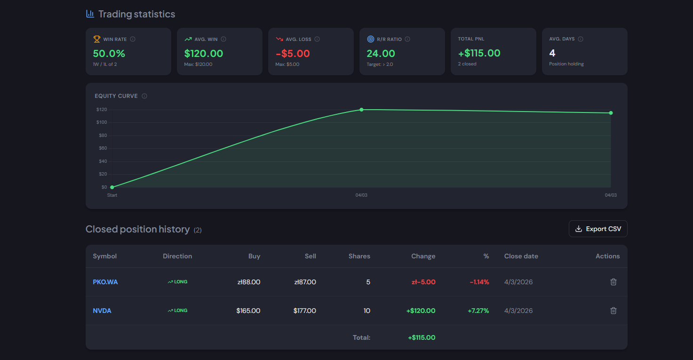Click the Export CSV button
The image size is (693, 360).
(598, 229)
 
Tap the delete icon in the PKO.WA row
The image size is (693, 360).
(613, 282)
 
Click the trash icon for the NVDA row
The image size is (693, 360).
(613, 311)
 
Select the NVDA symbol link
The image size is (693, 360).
(102, 311)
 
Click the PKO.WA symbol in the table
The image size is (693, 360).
(105, 282)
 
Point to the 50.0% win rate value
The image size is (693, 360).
(109, 54)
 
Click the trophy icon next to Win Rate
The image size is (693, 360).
(96, 39)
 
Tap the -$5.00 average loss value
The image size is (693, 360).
(293, 54)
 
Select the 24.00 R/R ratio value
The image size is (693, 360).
(381, 54)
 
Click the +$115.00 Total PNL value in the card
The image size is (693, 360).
(479, 53)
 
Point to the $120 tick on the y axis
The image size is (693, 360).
(101, 110)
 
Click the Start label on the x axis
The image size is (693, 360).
(112, 195)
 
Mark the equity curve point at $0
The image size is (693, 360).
(112, 187)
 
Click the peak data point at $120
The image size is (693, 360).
(361, 110)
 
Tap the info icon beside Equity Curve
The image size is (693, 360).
(144, 96)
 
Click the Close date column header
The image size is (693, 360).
(521, 256)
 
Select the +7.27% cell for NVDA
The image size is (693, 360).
(478, 311)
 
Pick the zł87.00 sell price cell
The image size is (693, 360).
(305, 282)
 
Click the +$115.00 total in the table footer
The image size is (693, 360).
(422, 337)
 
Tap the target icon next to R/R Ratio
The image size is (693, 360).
(370, 39)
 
